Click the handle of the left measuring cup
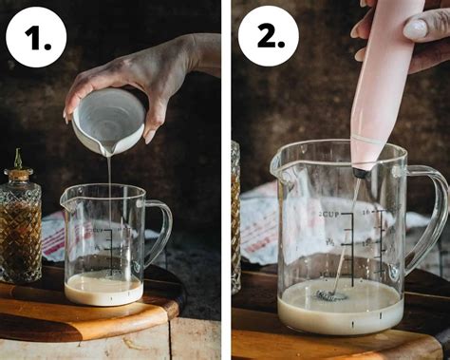pyautogui.click(x=159, y=233)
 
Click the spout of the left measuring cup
pyautogui.click(x=66, y=197)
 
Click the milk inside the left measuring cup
pyautogui.click(x=103, y=289)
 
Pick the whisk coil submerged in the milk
pyautogui.click(x=331, y=295)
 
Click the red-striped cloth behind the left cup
pyautogui.click(x=53, y=237)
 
